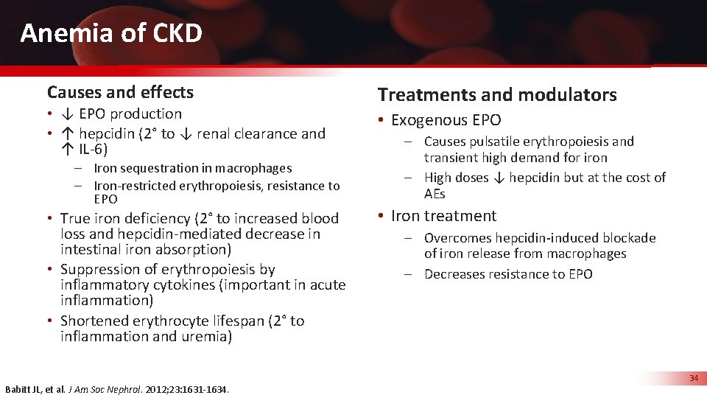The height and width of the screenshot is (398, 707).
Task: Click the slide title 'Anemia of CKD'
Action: point(111,33)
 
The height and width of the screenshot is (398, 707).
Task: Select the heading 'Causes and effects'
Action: point(120,92)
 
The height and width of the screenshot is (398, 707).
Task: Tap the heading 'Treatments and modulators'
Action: point(497,94)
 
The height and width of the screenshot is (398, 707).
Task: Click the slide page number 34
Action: point(693,378)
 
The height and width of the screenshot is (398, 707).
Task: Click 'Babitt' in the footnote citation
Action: point(20,389)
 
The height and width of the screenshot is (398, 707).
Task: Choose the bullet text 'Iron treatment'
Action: point(443,216)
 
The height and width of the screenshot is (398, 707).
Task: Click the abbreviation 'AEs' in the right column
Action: point(435,194)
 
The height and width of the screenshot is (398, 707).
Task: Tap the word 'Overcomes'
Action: point(457,238)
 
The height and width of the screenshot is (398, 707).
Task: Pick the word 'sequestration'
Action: point(154,168)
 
